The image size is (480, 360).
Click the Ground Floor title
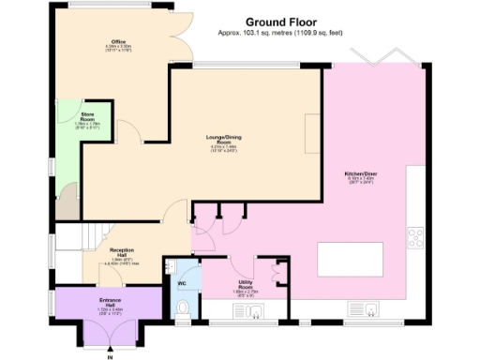tap(280, 21)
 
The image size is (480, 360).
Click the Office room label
tap(118, 42)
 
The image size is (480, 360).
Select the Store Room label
tap(87, 117)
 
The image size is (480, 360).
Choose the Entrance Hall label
tap(110, 304)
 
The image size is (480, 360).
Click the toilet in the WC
tap(183, 307)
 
